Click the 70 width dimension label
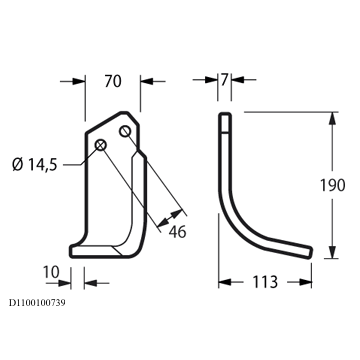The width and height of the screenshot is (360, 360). click(x=113, y=81)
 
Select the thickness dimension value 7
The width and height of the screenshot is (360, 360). click(x=224, y=80)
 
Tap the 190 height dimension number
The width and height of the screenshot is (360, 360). click(x=332, y=185)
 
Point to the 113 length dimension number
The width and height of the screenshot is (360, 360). click(x=265, y=282)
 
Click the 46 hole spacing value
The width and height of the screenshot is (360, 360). click(x=177, y=232)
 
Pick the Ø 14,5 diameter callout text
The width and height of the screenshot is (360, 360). click(x=35, y=165)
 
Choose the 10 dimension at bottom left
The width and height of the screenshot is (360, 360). click(x=51, y=272)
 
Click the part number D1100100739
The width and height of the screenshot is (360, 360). click(x=37, y=303)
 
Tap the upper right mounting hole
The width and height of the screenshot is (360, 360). click(x=125, y=131)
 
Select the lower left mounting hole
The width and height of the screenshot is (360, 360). click(x=101, y=145)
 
